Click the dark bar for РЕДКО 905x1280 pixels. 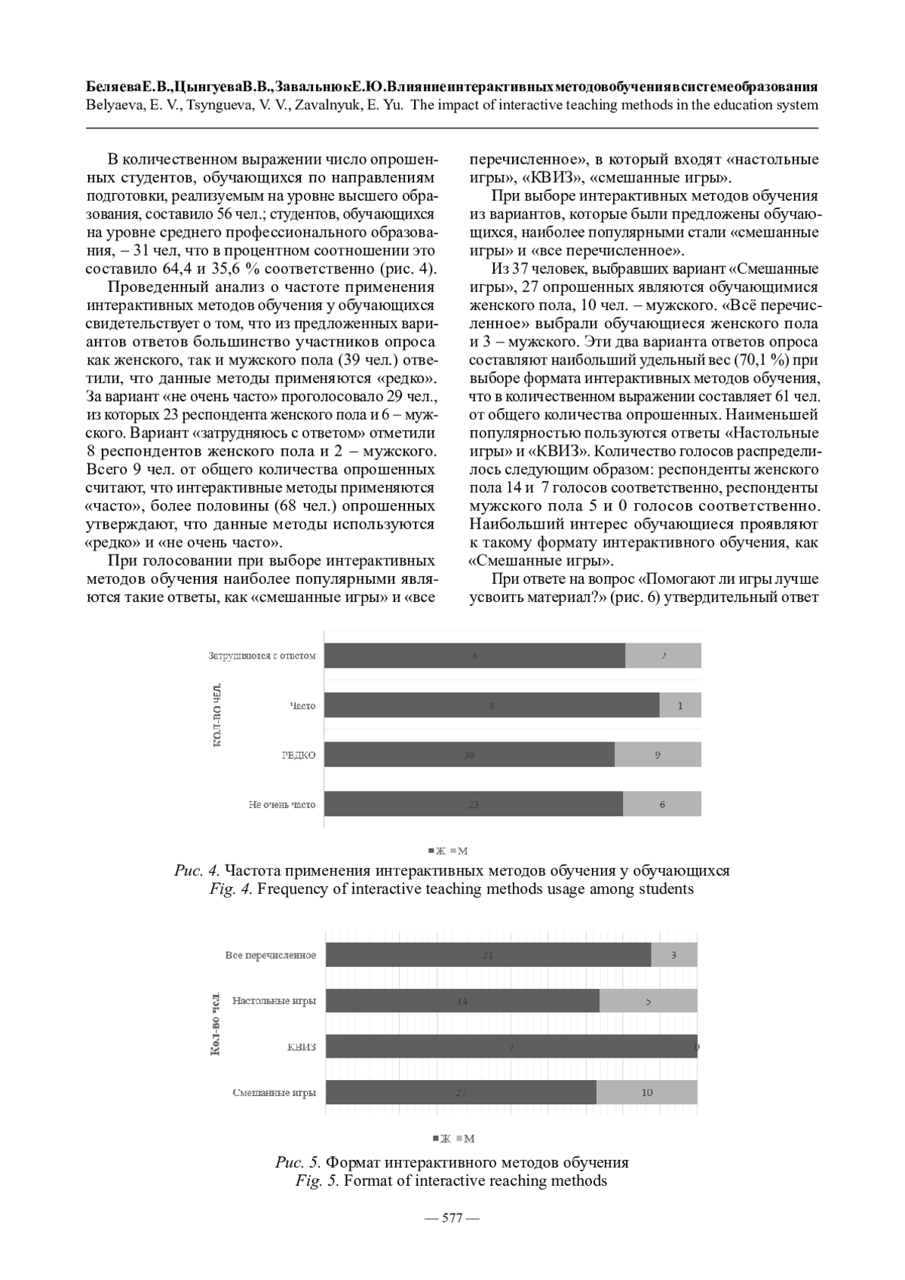pos(469,755)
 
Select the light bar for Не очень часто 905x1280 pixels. pos(661,804)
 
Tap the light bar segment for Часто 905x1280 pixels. pos(680,705)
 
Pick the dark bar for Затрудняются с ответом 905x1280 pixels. pos(474,655)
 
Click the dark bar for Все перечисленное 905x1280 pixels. pos(488,955)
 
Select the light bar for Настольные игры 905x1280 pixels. pos(648,1001)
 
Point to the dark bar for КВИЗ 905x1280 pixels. pos(511,1047)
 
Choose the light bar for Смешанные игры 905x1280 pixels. pos(646,1092)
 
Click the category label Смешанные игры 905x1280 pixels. pos(274,1092)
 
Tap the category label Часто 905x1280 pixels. pos(302,706)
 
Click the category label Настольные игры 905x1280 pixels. pos(274,1002)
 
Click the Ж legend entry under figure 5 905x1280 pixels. pos(443,1138)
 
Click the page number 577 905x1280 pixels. pos(452,1217)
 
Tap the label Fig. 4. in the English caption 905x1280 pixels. pos(231,889)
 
